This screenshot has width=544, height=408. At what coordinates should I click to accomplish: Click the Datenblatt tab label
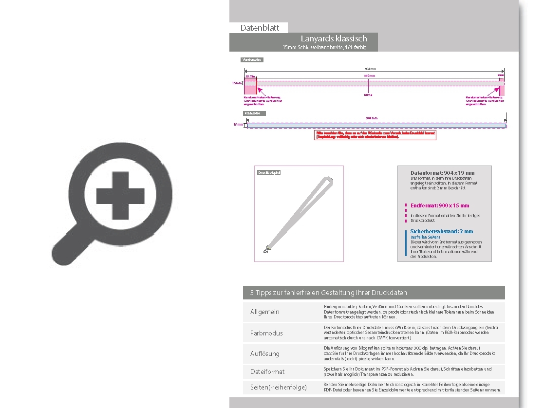260,28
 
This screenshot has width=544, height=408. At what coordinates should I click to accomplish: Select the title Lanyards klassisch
334,38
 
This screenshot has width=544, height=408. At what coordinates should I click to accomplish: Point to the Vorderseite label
252,60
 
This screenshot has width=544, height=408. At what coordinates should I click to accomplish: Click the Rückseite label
253,113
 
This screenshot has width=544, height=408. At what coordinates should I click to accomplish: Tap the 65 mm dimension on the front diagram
250,76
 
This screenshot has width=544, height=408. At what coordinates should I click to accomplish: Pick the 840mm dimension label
370,76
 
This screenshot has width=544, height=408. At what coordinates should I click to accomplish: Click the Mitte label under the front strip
368,95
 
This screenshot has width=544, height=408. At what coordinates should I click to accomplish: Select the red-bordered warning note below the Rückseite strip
375,135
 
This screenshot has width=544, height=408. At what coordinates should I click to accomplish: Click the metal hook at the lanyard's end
266,250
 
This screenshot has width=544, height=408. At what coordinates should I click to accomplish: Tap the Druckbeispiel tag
269,172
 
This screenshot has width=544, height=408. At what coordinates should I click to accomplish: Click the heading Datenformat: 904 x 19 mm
442,173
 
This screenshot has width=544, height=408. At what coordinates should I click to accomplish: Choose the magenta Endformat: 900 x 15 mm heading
440,205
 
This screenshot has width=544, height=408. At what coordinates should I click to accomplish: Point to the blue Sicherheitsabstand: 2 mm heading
441,231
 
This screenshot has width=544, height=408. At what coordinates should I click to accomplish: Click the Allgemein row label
265,312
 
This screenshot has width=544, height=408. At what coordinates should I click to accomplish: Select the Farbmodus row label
266,333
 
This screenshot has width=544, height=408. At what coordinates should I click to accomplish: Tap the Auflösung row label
265,353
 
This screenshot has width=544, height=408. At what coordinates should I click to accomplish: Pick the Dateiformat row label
267,371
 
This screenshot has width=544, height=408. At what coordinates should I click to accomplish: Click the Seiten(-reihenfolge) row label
279,387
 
